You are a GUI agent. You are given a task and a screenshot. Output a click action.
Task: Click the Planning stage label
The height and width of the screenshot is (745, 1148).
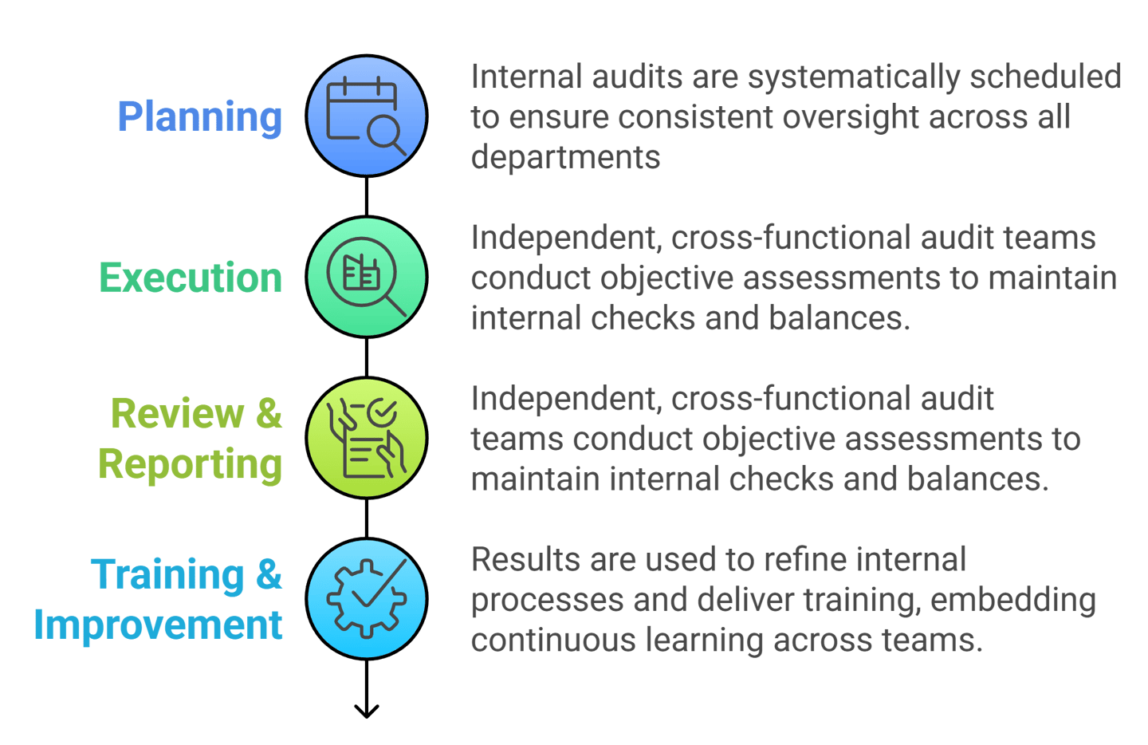pyautogui.click(x=199, y=117)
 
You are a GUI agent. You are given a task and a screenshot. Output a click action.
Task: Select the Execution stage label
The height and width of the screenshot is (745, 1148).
pyautogui.click(x=191, y=278)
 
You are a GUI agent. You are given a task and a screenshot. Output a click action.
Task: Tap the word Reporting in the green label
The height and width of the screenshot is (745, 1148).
pyautogui.click(x=191, y=464)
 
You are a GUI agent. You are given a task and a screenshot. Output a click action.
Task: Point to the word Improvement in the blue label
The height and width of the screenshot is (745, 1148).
pyautogui.click(x=158, y=625)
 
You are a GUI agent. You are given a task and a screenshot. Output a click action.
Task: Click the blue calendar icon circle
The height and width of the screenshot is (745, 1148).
pyautogui.click(x=367, y=116)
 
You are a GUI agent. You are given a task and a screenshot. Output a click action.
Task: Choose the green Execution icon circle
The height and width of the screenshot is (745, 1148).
pyautogui.click(x=367, y=277)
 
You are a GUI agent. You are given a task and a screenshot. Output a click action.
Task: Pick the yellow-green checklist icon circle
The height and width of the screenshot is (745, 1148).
pyautogui.click(x=367, y=438)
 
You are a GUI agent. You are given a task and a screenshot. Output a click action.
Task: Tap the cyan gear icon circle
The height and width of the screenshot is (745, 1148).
pyautogui.click(x=367, y=599)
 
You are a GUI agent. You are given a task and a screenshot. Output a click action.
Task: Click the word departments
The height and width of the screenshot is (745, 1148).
pyautogui.click(x=565, y=157)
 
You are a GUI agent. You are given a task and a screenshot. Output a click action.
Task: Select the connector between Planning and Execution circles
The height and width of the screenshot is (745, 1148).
pyautogui.click(x=367, y=196)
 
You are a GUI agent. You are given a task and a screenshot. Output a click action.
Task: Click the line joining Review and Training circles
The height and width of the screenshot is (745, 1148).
pyautogui.click(x=367, y=518)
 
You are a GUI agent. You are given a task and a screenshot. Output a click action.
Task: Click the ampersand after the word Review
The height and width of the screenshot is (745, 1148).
pyautogui.click(x=269, y=414)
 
